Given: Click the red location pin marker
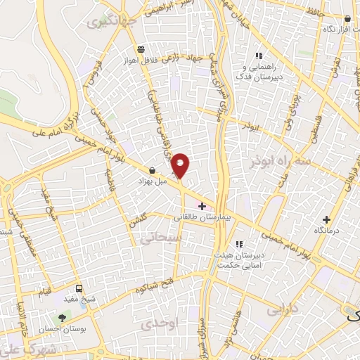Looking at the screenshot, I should (x=181, y=165).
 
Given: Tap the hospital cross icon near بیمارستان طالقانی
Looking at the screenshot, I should (x=202, y=207).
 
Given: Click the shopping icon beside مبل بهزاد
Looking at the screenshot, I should (x=152, y=169).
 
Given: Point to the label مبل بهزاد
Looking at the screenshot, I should (x=151, y=181).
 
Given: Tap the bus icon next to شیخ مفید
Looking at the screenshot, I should (x=79, y=288).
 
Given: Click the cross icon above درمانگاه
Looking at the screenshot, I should (x=326, y=219).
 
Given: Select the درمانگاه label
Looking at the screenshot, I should (x=328, y=230).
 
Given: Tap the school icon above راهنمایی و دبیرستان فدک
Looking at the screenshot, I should (x=259, y=56).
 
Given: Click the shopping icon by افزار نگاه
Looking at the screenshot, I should (x=347, y=19).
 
